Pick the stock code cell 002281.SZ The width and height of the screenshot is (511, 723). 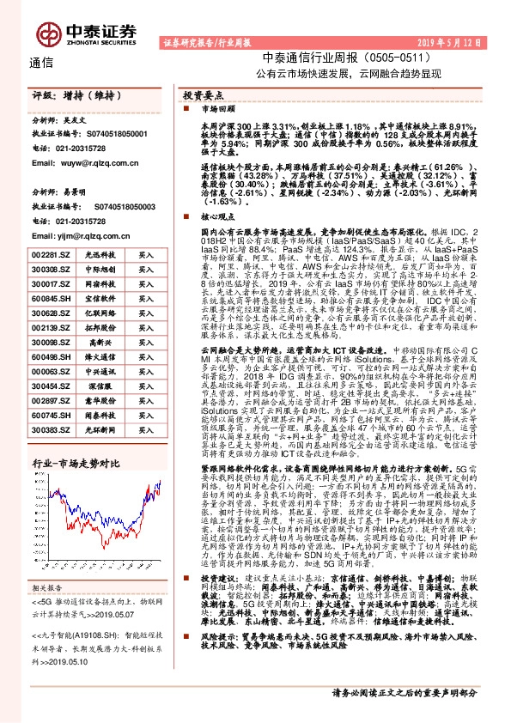[50, 255]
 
